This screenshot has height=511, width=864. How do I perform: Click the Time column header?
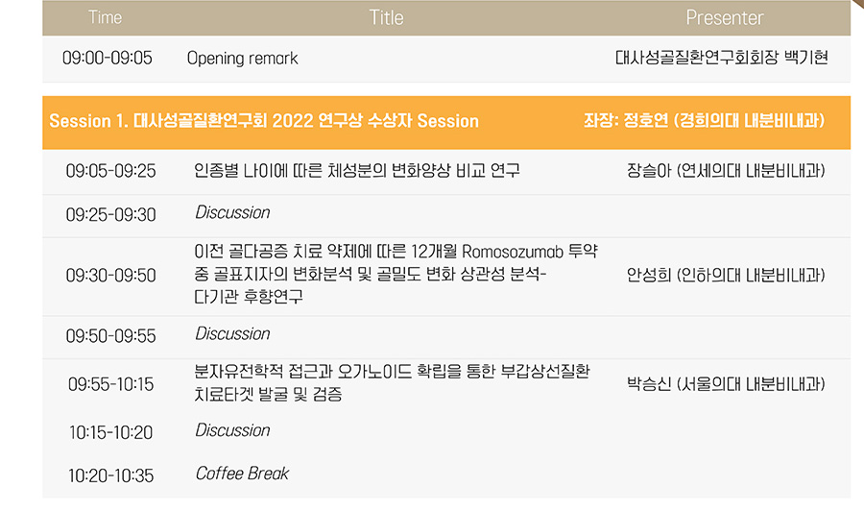pos(105,17)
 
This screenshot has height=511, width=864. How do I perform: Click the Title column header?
pos(386,17)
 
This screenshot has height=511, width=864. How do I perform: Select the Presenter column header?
pos(725,17)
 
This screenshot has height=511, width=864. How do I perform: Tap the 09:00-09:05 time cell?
pos(107,58)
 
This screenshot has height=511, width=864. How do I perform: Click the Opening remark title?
pos(243,59)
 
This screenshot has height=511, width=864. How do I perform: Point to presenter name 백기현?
pos(805,58)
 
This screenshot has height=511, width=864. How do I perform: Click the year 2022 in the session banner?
pos(293,121)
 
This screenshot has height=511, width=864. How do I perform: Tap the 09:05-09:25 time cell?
pos(110,171)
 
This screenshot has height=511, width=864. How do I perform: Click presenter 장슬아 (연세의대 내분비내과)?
pos(726,171)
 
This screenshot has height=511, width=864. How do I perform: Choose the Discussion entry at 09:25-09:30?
pos(232,213)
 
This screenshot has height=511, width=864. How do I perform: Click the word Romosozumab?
pos(513,252)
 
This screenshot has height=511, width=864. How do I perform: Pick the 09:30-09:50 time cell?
pos(110,275)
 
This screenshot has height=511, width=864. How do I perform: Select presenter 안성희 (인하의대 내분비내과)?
pos(726,275)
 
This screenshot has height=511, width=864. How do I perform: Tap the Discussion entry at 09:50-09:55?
pos(232,334)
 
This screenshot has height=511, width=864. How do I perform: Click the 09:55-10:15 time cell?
pos(110,384)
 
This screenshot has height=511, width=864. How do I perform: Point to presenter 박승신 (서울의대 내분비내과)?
pos(726,384)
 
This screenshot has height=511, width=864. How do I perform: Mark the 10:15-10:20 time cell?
pos(110,433)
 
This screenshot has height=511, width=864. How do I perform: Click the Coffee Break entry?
pos(242,474)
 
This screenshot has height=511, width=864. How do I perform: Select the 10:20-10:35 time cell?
pos(110,475)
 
